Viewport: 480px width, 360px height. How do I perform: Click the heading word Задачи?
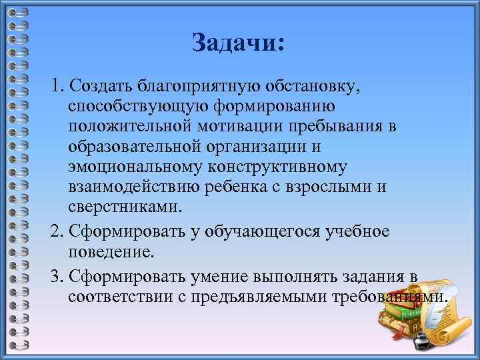pyautogui.click(x=237, y=43)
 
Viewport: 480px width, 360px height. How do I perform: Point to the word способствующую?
pyautogui.click(x=139, y=107)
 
